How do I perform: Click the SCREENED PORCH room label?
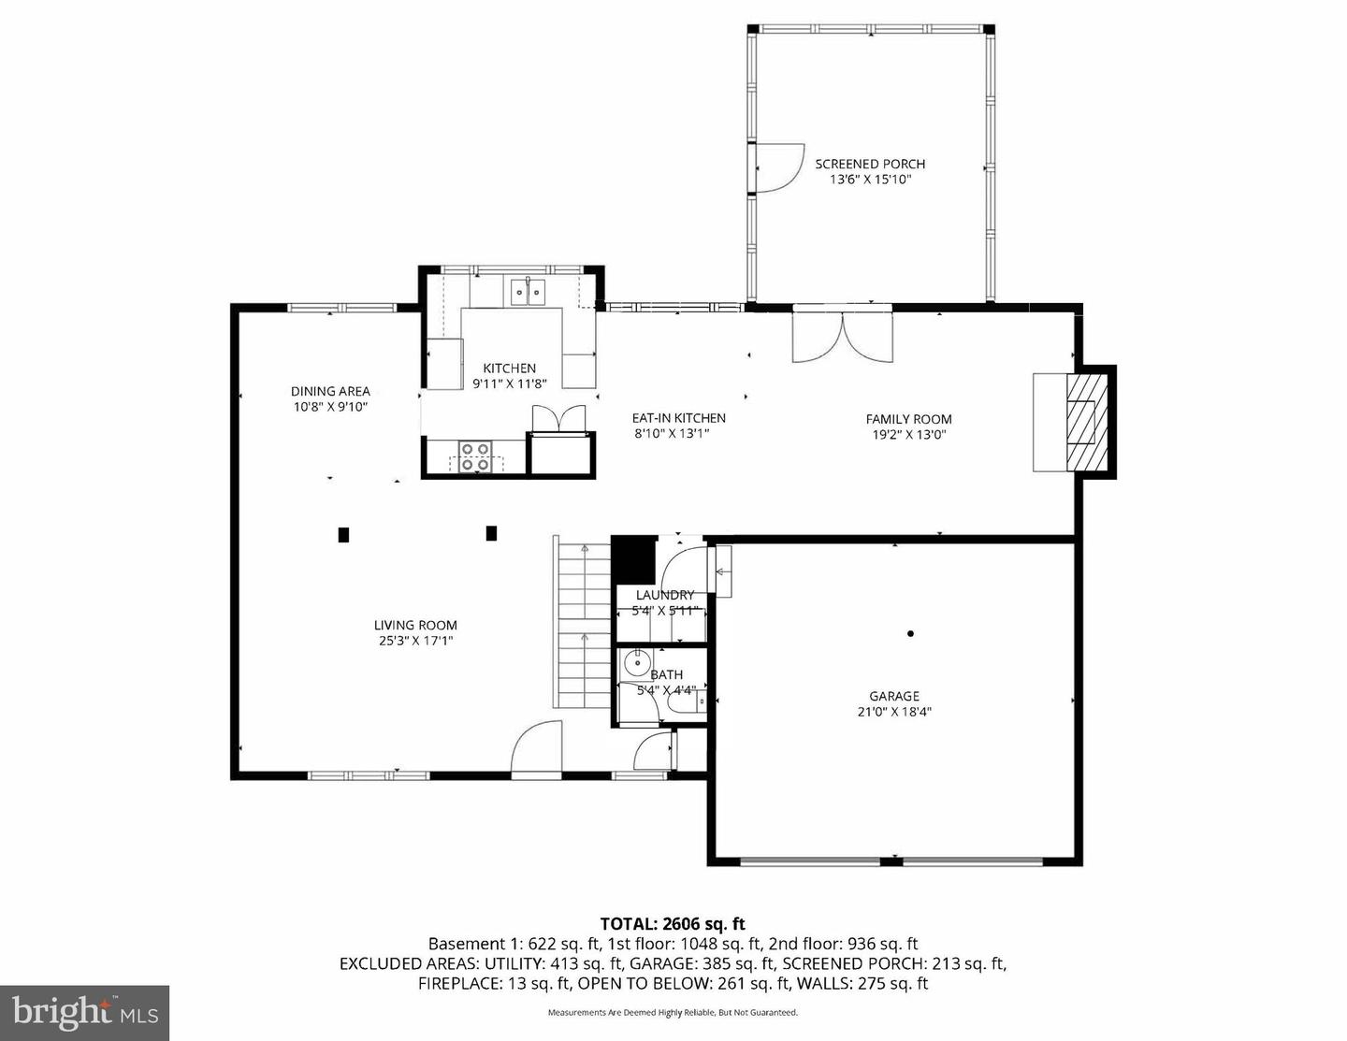click(x=869, y=164)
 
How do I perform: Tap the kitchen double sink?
click(x=528, y=292)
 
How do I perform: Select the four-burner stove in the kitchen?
click(x=475, y=455)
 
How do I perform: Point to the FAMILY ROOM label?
click(x=908, y=419)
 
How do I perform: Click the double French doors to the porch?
click(x=843, y=337)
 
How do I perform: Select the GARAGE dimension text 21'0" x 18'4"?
click(x=893, y=712)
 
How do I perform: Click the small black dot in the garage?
click(x=910, y=633)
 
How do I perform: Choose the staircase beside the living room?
click(x=582, y=623)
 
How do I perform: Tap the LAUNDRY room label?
click(x=664, y=595)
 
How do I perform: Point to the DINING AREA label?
click(x=330, y=391)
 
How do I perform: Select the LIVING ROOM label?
click(x=415, y=626)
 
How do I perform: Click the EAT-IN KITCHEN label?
click(x=678, y=418)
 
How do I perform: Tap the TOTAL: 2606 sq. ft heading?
click(x=673, y=924)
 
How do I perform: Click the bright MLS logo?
click(x=84, y=1013)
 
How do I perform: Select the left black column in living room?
click(x=343, y=535)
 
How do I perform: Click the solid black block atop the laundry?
click(x=633, y=559)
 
